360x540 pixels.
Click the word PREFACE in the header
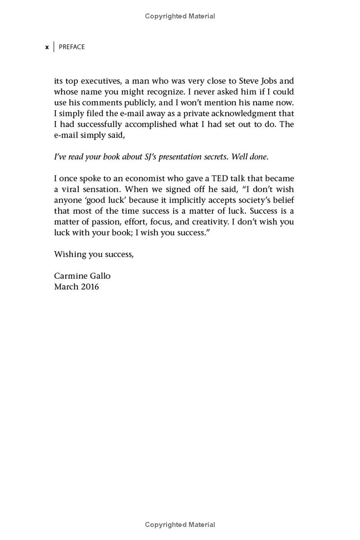[72, 47]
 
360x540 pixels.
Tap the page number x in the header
[47, 47]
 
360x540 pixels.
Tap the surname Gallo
[100, 276]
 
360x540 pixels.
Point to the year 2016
[90, 287]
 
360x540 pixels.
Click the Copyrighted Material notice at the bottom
[180, 525]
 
